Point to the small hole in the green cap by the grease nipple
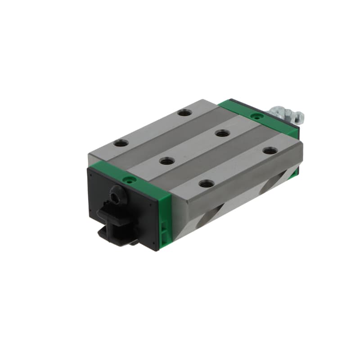(256, 116)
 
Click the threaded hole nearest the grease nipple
(269, 151)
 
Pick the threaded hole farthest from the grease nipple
(121, 144)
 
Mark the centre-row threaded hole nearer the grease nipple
(221, 133)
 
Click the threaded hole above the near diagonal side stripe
(207, 183)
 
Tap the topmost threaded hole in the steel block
(183, 112)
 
